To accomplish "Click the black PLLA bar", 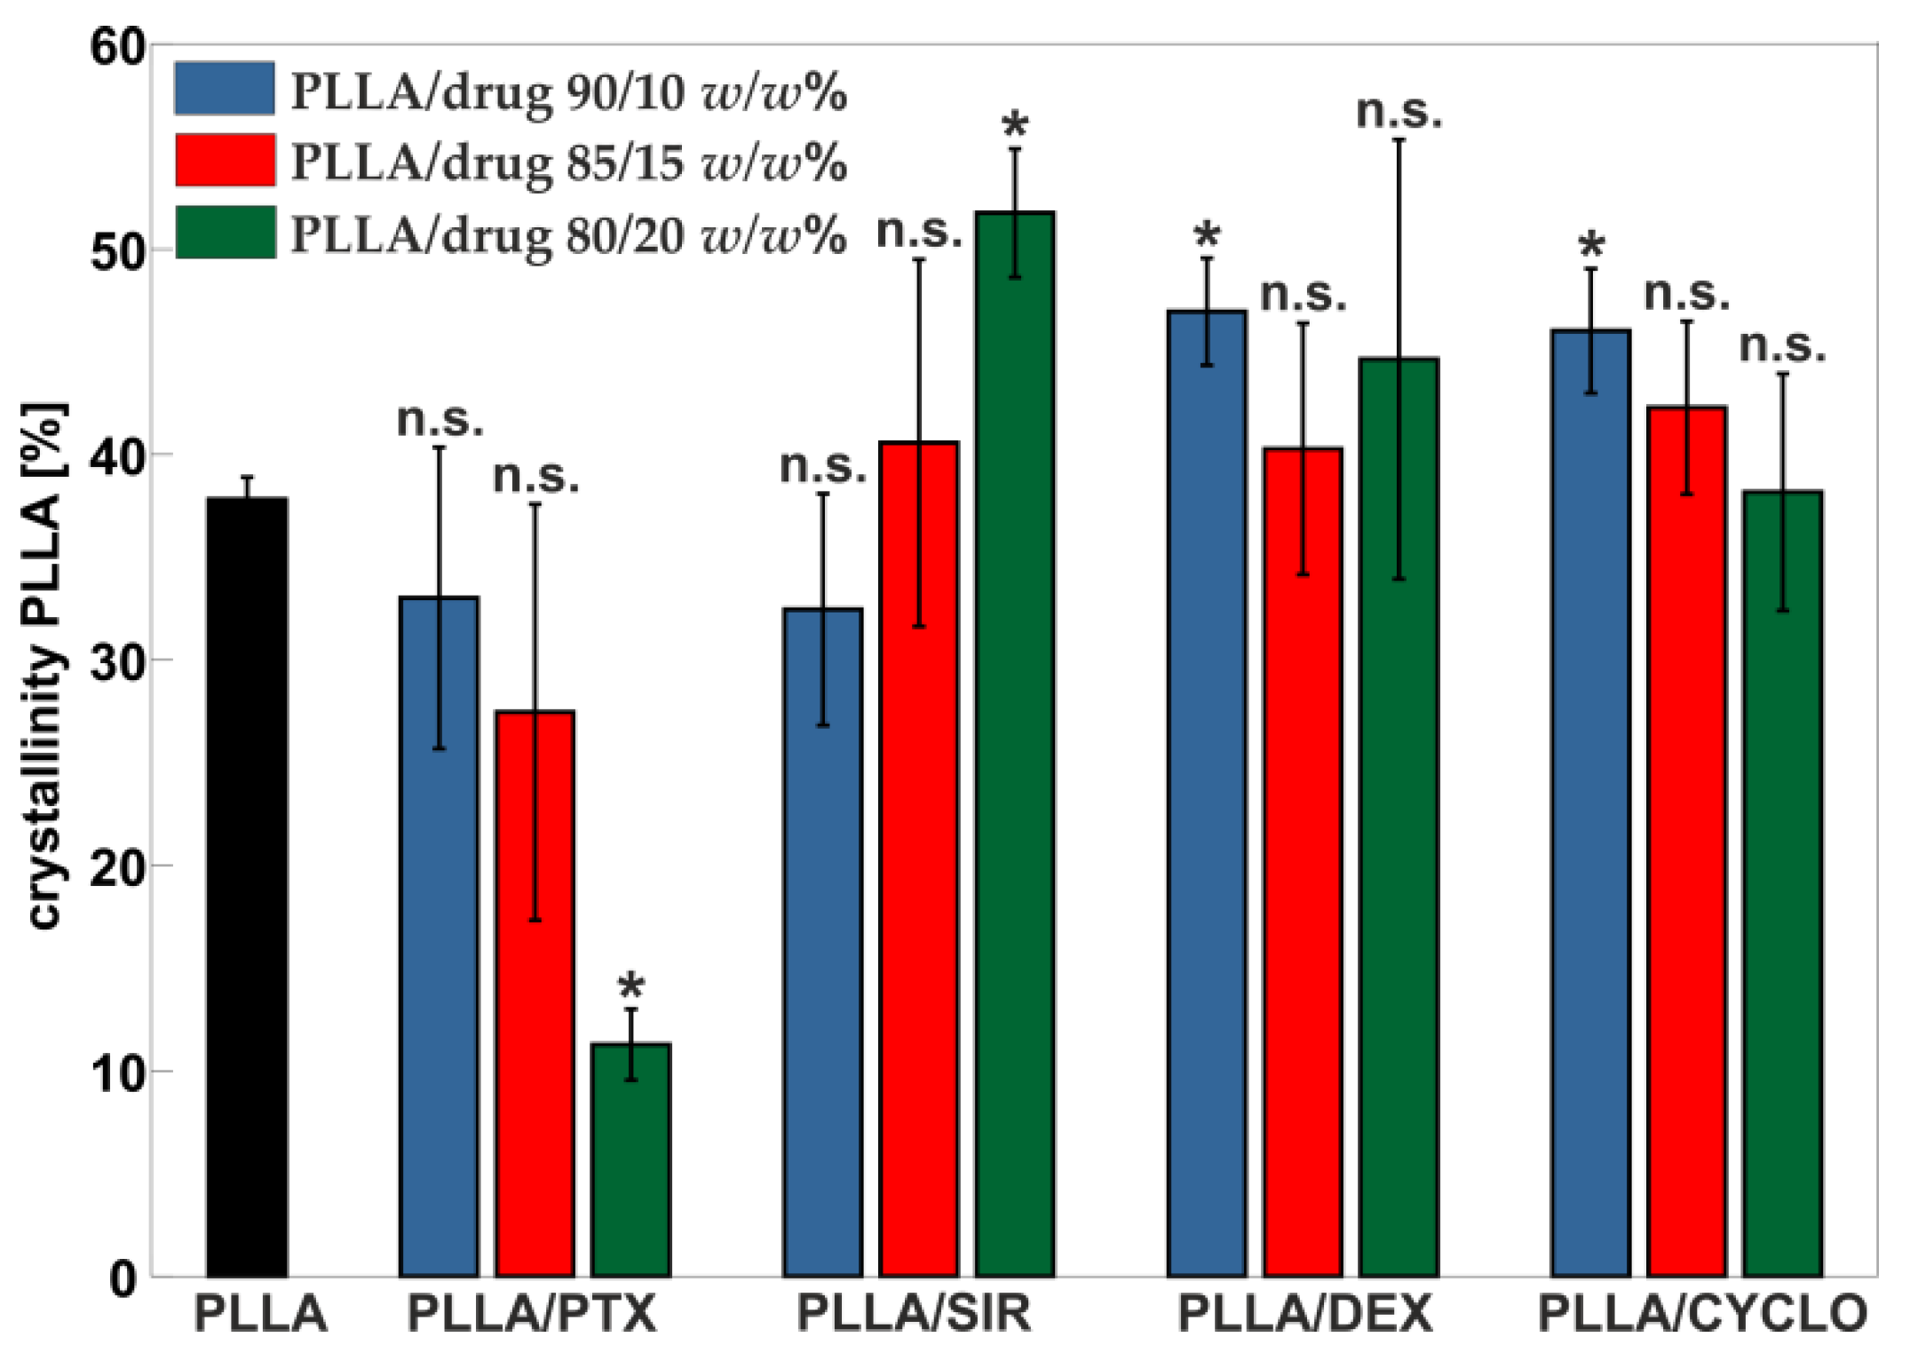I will click(247, 888).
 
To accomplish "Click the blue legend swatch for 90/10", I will click(225, 89).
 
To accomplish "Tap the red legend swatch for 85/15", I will click(225, 161).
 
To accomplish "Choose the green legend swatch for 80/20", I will click(225, 233).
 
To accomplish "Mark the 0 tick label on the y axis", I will click(124, 1279).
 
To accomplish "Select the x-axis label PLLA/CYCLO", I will click(1702, 1315).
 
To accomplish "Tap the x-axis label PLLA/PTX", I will click(531, 1315).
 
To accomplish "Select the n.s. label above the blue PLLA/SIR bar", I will click(822, 467).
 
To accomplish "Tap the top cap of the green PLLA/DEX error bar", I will click(1399, 140).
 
